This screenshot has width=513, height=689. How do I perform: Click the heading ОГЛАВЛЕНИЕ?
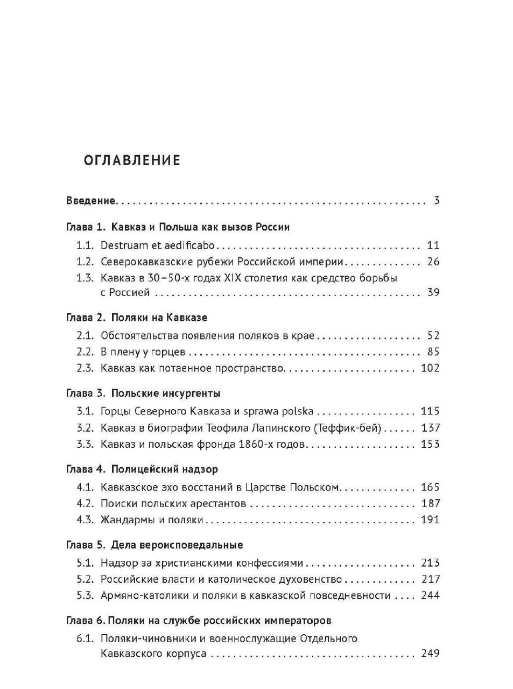pyautogui.click(x=132, y=160)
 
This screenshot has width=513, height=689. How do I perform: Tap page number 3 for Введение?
pyautogui.click(x=437, y=201)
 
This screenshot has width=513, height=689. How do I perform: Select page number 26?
pyautogui.click(x=433, y=262)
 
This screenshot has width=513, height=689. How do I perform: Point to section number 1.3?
pyautogui.click(x=85, y=278)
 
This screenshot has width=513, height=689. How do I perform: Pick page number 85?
pyautogui.click(x=433, y=352)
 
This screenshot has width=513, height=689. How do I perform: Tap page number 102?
pyautogui.click(x=430, y=368)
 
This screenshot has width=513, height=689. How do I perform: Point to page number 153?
pyautogui.click(x=430, y=444)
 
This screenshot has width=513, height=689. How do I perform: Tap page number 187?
pyautogui.click(x=430, y=504)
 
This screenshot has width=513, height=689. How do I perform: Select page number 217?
pyautogui.click(x=430, y=580)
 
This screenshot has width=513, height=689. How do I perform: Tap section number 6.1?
pyautogui.click(x=85, y=639)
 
